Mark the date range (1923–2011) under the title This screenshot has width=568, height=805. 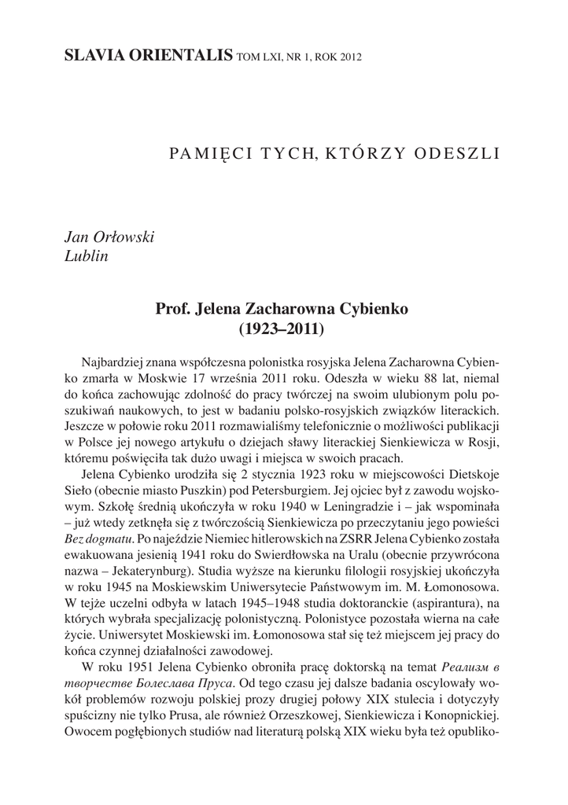click(x=282, y=329)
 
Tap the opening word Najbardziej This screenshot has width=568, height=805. click(x=117, y=361)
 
